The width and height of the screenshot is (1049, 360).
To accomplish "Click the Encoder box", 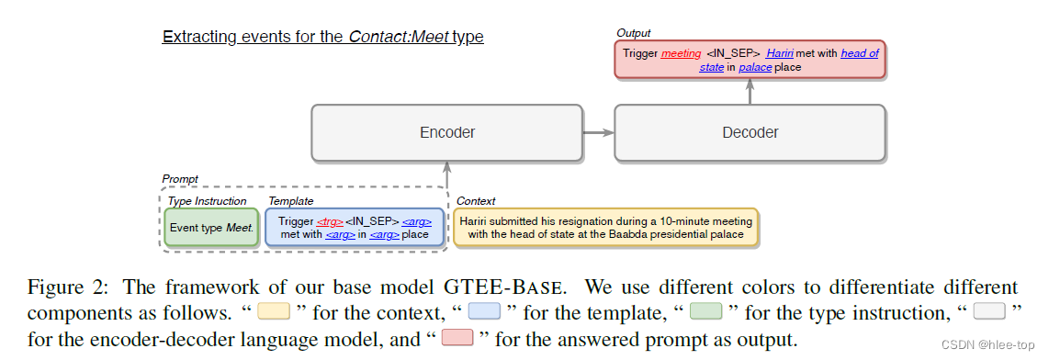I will pos(447,132).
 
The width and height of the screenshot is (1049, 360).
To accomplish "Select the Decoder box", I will pos(750,132).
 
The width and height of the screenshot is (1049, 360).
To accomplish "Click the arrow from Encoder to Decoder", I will pos(598,133).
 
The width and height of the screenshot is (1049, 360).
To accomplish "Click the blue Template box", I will pos(355,227).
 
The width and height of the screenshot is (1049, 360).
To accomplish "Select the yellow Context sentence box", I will pos(606,227).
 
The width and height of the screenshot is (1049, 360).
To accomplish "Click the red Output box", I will pos(750,59).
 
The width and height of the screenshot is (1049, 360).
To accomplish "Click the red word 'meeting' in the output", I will pos(681,53).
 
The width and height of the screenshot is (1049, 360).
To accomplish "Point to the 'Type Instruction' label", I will pos(207,201).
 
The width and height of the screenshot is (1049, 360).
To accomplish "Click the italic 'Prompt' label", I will pos(179,179).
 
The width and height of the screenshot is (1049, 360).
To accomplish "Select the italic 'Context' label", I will pos(475,201).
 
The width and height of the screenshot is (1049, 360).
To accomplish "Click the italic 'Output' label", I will pos(634,33).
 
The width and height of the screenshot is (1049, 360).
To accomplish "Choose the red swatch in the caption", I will pos(458,338).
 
